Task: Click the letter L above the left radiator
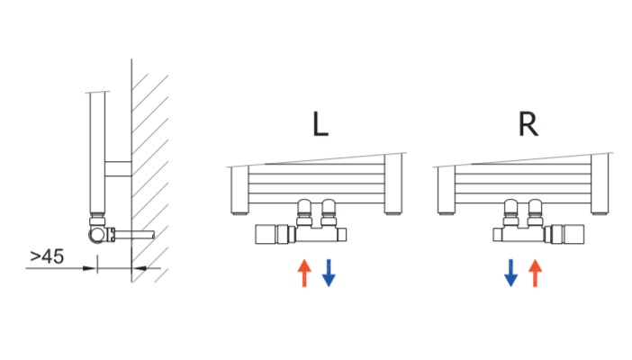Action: (x=321, y=124)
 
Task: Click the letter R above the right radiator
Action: (x=528, y=124)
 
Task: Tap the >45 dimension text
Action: (x=47, y=256)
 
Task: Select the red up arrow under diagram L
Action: (x=304, y=273)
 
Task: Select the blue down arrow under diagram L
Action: (x=329, y=273)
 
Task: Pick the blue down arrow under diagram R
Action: (x=510, y=273)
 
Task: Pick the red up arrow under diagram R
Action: (x=536, y=273)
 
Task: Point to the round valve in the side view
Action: (x=97, y=234)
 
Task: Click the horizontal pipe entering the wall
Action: (x=135, y=234)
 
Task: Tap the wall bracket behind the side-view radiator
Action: (x=118, y=169)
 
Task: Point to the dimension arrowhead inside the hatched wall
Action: (x=139, y=268)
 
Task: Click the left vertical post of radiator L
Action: (x=239, y=190)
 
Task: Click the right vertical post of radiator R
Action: (x=600, y=184)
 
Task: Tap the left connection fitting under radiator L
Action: (x=304, y=212)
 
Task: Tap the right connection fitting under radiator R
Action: (x=536, y=212)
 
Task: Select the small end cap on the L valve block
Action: (x=342, y=234)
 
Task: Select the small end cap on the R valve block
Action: (x=497, y=234)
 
